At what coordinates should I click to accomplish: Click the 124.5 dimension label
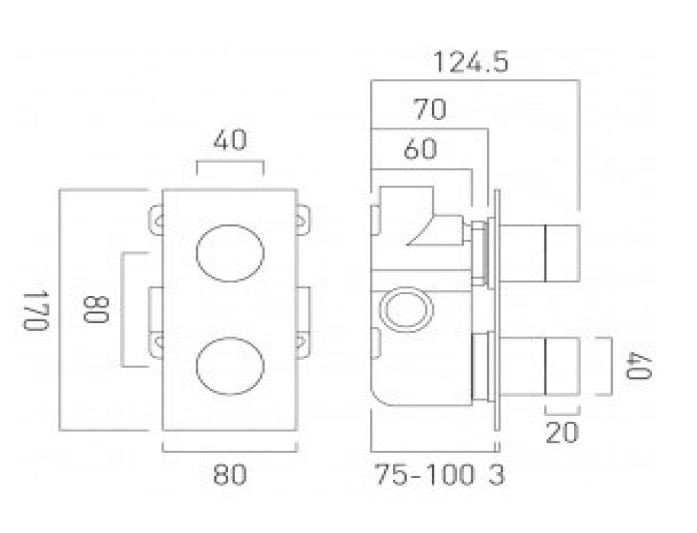(470, 63)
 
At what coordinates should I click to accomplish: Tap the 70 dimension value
(430, 109)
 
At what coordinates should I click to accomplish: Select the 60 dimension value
(421, 149)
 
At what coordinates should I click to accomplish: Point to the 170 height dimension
(36, 311)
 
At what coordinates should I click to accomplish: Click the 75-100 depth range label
(424, 475)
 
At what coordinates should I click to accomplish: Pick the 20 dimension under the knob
(562, 432)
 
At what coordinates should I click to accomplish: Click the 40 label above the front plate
(230, 140)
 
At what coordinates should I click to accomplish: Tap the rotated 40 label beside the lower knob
(639, 365)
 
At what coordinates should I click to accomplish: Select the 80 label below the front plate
(230, 474)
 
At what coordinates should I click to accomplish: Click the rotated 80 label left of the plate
(96, 309)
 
